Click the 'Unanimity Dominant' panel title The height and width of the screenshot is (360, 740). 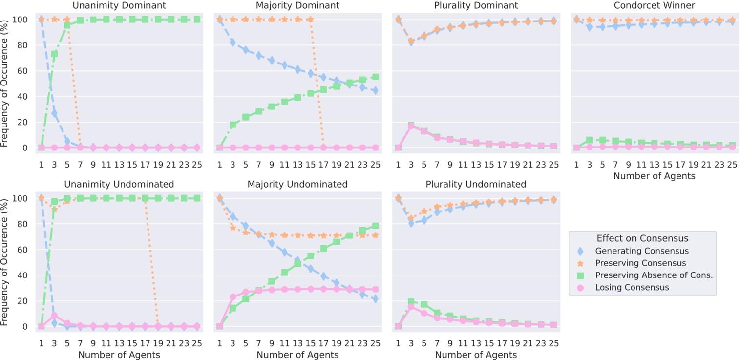(x=119, y=6)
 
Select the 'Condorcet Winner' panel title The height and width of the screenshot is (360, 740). (x=654, y=6)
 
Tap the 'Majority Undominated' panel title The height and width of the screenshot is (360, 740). (x=297, y=184)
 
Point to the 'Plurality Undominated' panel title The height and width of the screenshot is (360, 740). (x=476, y=184)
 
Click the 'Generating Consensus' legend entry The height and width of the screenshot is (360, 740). (x=642, y=251)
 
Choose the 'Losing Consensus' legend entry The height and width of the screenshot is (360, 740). (x=632, y=288)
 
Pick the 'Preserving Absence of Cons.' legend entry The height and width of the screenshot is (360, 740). (x=654, y=275)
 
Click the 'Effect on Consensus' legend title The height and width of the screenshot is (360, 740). (x=642, y=238)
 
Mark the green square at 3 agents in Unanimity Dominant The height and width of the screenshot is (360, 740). (x=54, y=54)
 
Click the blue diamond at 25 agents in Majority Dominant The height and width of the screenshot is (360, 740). (x=375, y=90)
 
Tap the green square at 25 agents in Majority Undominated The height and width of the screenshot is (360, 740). (x=375, y=226)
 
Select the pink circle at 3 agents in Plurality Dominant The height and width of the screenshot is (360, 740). (x=411, y=126)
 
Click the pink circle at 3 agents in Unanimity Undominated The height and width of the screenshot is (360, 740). (x=54, y=316)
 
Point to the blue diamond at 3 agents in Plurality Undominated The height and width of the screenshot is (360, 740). (x=411, y=223)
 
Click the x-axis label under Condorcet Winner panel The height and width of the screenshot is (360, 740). (x=654, y=176)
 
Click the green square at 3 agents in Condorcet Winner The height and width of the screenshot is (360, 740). (x=590, y=140)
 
